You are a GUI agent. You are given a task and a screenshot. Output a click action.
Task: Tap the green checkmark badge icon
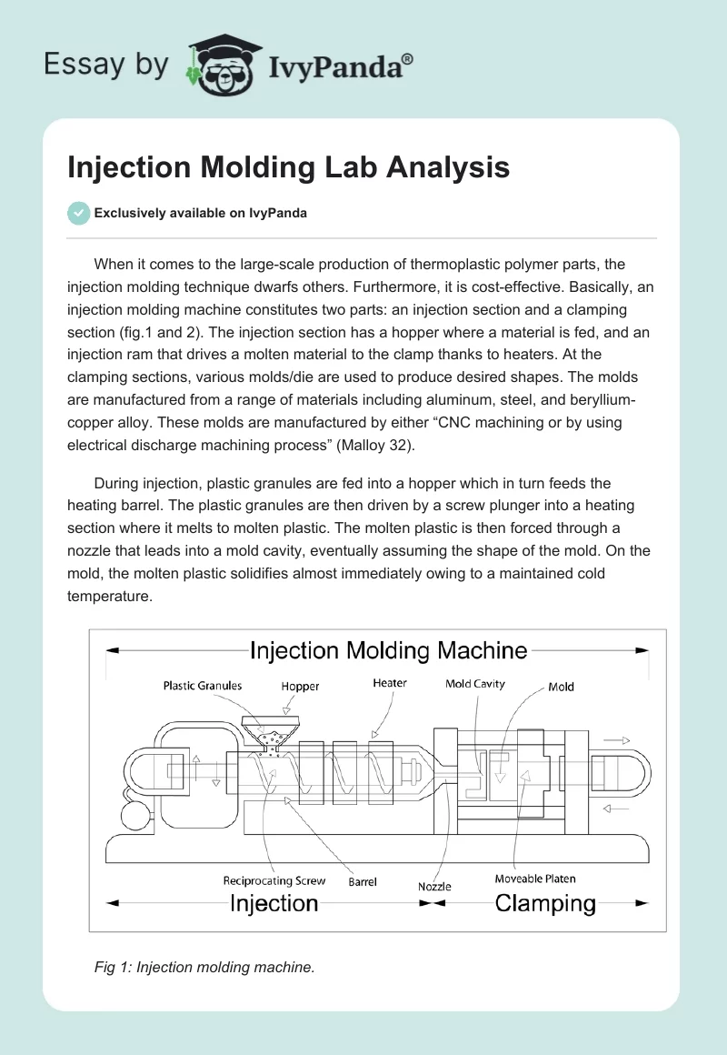pos(79,213)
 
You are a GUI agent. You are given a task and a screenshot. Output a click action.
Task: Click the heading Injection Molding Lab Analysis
pos(288,167)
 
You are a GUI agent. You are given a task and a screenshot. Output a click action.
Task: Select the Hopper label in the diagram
pos(300,687)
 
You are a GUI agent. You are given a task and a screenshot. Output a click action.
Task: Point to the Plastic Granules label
pos(203,685)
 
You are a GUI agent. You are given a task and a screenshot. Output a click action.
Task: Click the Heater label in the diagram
pos(390,683)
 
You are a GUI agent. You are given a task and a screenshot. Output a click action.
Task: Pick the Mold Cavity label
pos(474,684)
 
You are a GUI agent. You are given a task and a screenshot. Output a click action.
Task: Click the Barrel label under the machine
pos(363,881)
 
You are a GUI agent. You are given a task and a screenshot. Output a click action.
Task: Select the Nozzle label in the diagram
pos(434,886)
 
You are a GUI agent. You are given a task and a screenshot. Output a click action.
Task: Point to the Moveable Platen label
pos(535,879)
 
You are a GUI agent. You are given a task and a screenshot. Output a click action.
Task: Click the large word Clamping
pos(545,903)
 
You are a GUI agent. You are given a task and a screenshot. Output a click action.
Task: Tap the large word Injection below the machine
pos(274,903)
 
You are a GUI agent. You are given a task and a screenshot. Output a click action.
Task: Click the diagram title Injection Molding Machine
pos(388,650)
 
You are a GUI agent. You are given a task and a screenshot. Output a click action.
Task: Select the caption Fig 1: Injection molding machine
pos(204,968)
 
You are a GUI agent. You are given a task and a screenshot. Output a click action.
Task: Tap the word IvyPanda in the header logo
pos(342,66)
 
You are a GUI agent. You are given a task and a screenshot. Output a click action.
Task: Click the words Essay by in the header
pos(107,65)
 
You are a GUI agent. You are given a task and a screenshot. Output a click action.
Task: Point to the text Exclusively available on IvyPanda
pos(201,213)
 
